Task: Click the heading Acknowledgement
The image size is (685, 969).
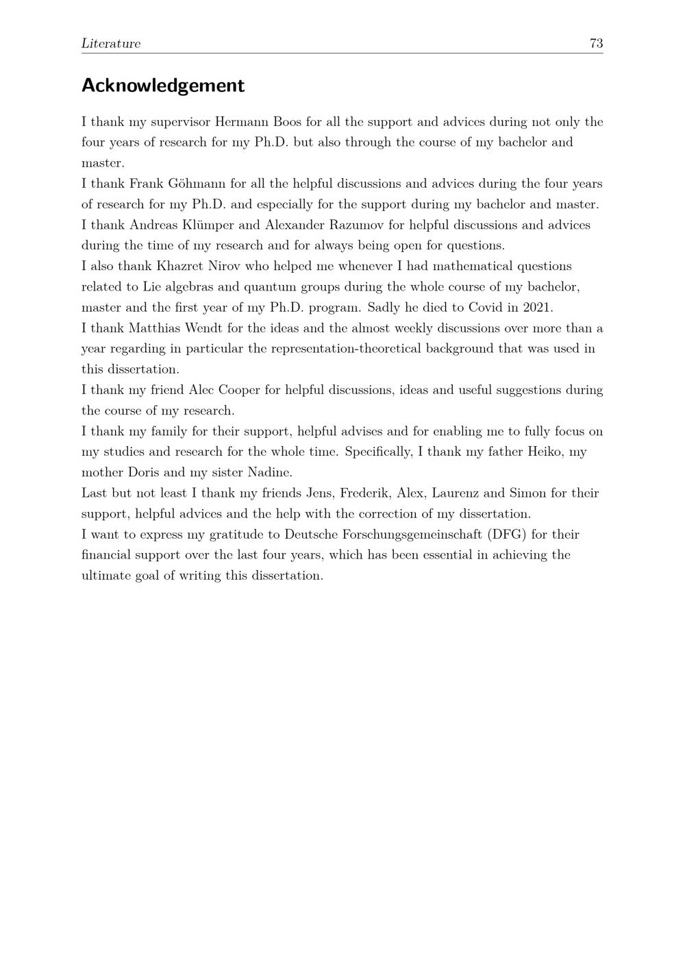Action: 162,86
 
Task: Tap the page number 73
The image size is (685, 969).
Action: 596,44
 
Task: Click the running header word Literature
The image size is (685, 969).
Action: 111,44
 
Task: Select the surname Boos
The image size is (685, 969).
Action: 288,122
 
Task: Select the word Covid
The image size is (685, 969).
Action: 486,307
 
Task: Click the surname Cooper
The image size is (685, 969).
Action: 239,390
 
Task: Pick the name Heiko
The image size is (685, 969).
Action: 545,452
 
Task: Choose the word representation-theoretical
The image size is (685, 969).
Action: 347,348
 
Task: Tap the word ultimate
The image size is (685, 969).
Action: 106,575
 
